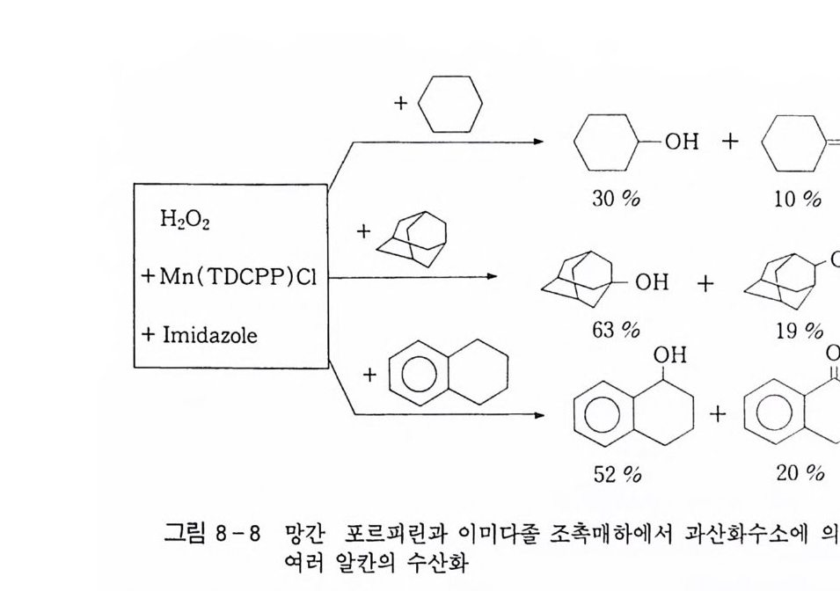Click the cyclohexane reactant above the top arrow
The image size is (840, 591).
click(449, 104)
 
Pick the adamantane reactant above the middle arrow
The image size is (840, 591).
click(412, 238)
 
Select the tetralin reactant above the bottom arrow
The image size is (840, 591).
click(449, 374)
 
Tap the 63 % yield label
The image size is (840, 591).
click(616, 330)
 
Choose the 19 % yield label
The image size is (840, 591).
click(800, 331)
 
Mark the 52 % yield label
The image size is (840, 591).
click(616, 474)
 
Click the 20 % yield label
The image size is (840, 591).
click(800, 473)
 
